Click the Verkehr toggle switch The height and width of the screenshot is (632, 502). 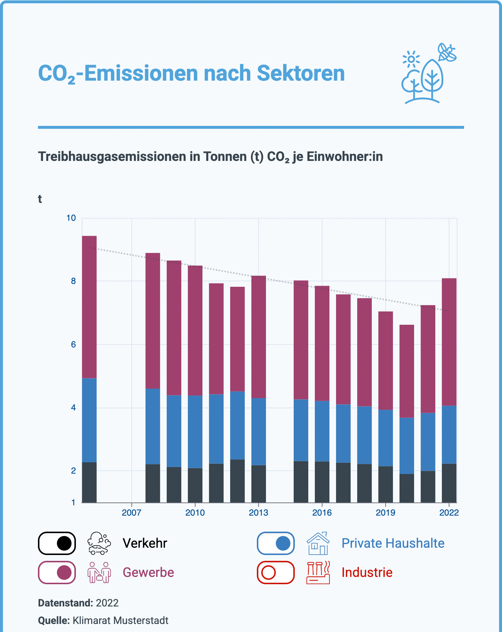57,543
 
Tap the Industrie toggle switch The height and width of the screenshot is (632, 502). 276,573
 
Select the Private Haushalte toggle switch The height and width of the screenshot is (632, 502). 276,543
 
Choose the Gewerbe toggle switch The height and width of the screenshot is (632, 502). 57,573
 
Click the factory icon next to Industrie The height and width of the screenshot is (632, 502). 318,573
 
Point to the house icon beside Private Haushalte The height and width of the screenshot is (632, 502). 318,543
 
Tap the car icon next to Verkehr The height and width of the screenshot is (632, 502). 99,543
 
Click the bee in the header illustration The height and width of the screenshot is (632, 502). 447,52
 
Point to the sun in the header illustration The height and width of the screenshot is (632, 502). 411,59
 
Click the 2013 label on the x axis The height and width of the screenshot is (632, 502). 258,513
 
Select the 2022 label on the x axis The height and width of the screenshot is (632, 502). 449,513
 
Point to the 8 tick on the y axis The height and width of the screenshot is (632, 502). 73,281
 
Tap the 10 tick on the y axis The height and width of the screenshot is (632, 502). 71,218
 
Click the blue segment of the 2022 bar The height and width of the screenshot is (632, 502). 449,434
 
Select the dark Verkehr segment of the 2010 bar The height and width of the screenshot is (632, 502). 195,485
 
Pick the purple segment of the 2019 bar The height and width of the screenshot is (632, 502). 386,361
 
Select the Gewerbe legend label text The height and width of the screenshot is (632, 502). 148,573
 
